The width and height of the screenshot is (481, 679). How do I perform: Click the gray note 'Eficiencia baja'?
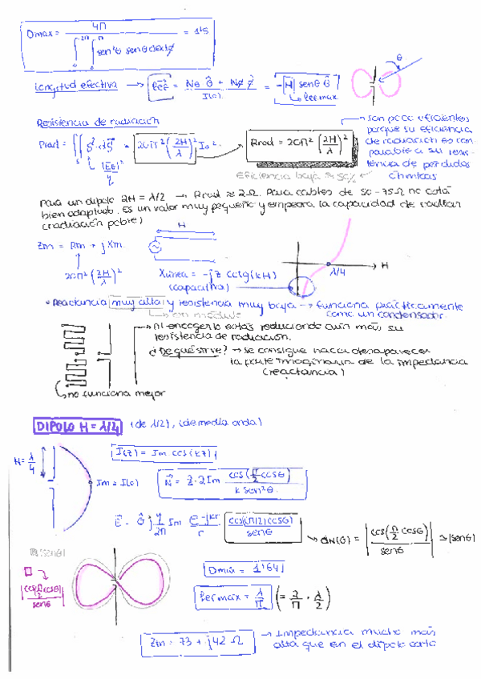pyautogui.click(x=265, y=175)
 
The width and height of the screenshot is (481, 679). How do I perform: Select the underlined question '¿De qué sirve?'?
pyautogui.click(x=186, y=351)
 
